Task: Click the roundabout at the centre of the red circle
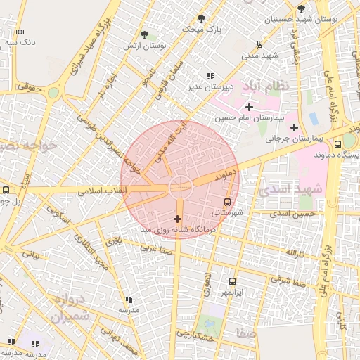[179, 188]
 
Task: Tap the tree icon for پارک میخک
[202, 18]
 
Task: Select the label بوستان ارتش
[153, 46]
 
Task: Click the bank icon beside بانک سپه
[19, 32]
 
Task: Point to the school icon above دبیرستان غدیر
[210, 76]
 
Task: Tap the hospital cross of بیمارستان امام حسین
[249, 106]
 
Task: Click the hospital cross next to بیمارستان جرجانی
[294, 127]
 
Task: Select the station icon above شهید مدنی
[259, 44]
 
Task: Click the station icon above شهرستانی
[226, 202]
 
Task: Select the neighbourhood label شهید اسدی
[290, 189]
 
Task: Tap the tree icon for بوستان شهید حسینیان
[302, 8]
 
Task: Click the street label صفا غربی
[156, 247]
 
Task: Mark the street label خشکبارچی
[195, 334]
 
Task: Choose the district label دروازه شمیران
[72, 308]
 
